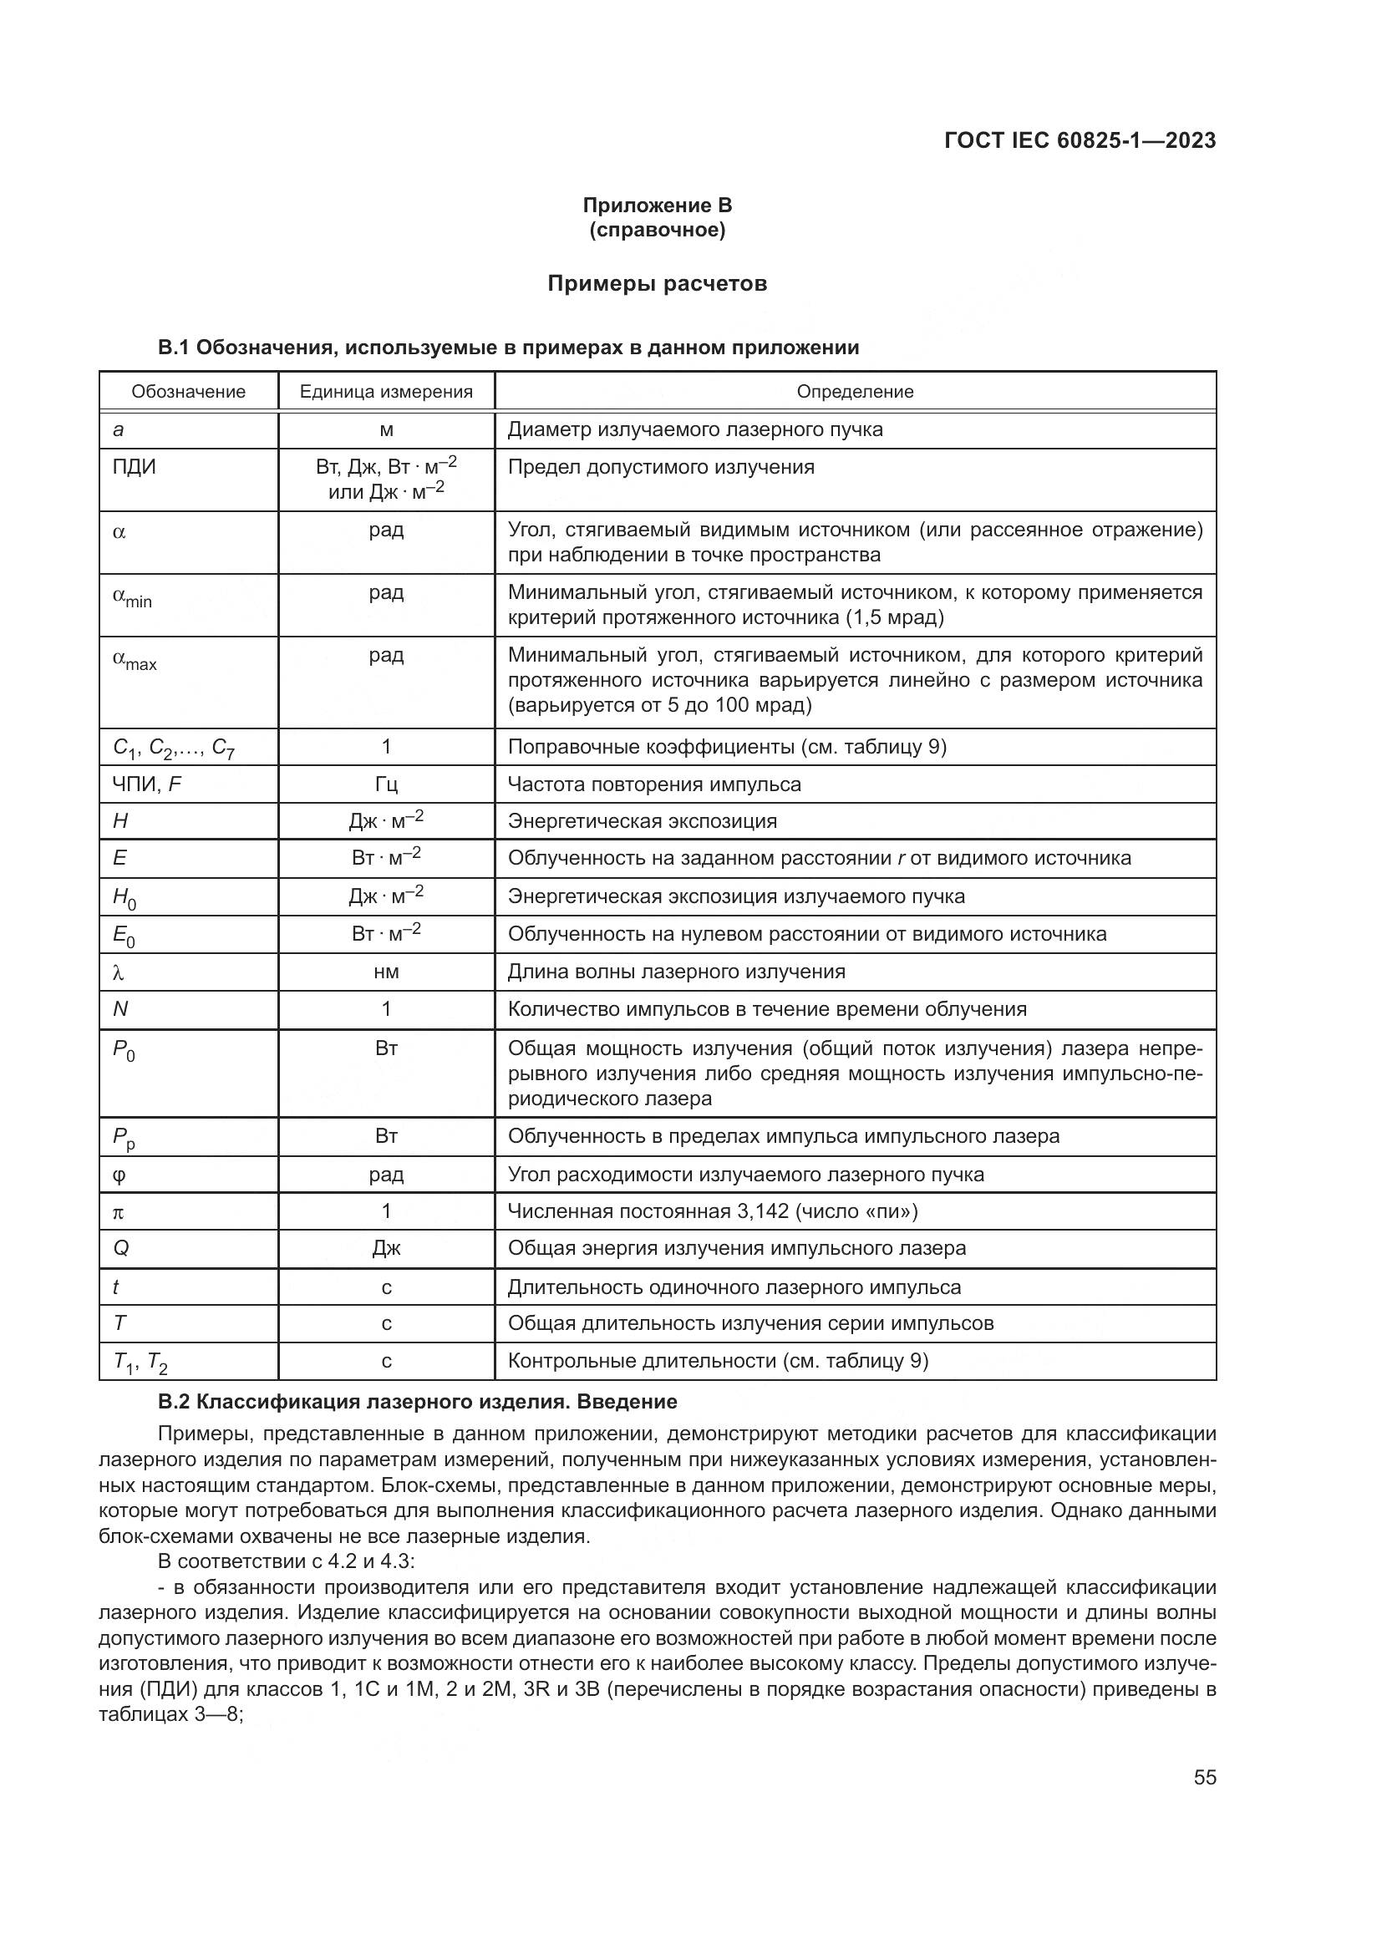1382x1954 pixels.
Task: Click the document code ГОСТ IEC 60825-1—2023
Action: [x=1079, y=141]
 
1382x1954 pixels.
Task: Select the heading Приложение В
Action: [x=657, y=206]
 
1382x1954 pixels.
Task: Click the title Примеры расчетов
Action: [x=657, y=283]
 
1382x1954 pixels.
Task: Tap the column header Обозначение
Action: [x=188, y=392]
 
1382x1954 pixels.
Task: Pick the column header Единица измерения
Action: [x=385, y=392]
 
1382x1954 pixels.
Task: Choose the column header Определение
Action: [x=855, y=392]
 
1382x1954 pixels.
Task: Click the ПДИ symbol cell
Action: [x=135, y=467]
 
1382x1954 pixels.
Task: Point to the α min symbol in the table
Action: [x=132, y=597]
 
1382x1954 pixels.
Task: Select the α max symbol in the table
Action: [x=135, y=661]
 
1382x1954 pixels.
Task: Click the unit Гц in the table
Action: [x=385, y=784]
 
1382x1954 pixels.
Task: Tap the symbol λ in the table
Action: [x=119, y=972]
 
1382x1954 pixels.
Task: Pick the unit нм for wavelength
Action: [x=385, y=972]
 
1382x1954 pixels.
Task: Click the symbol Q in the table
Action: [x=121, y=1248]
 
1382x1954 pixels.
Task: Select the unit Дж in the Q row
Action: [x=385, y=1248]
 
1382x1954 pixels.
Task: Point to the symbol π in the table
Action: [x=119, y=1212]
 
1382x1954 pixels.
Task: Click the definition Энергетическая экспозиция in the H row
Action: [x=643, y=821]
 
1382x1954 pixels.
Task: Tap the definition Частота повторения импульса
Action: [x=653, y=784]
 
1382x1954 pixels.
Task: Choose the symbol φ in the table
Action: [x=119, y=1175]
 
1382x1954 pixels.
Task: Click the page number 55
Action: [x=1204, y=1777]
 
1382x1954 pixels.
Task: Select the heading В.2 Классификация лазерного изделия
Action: [x=417, y=1402]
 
